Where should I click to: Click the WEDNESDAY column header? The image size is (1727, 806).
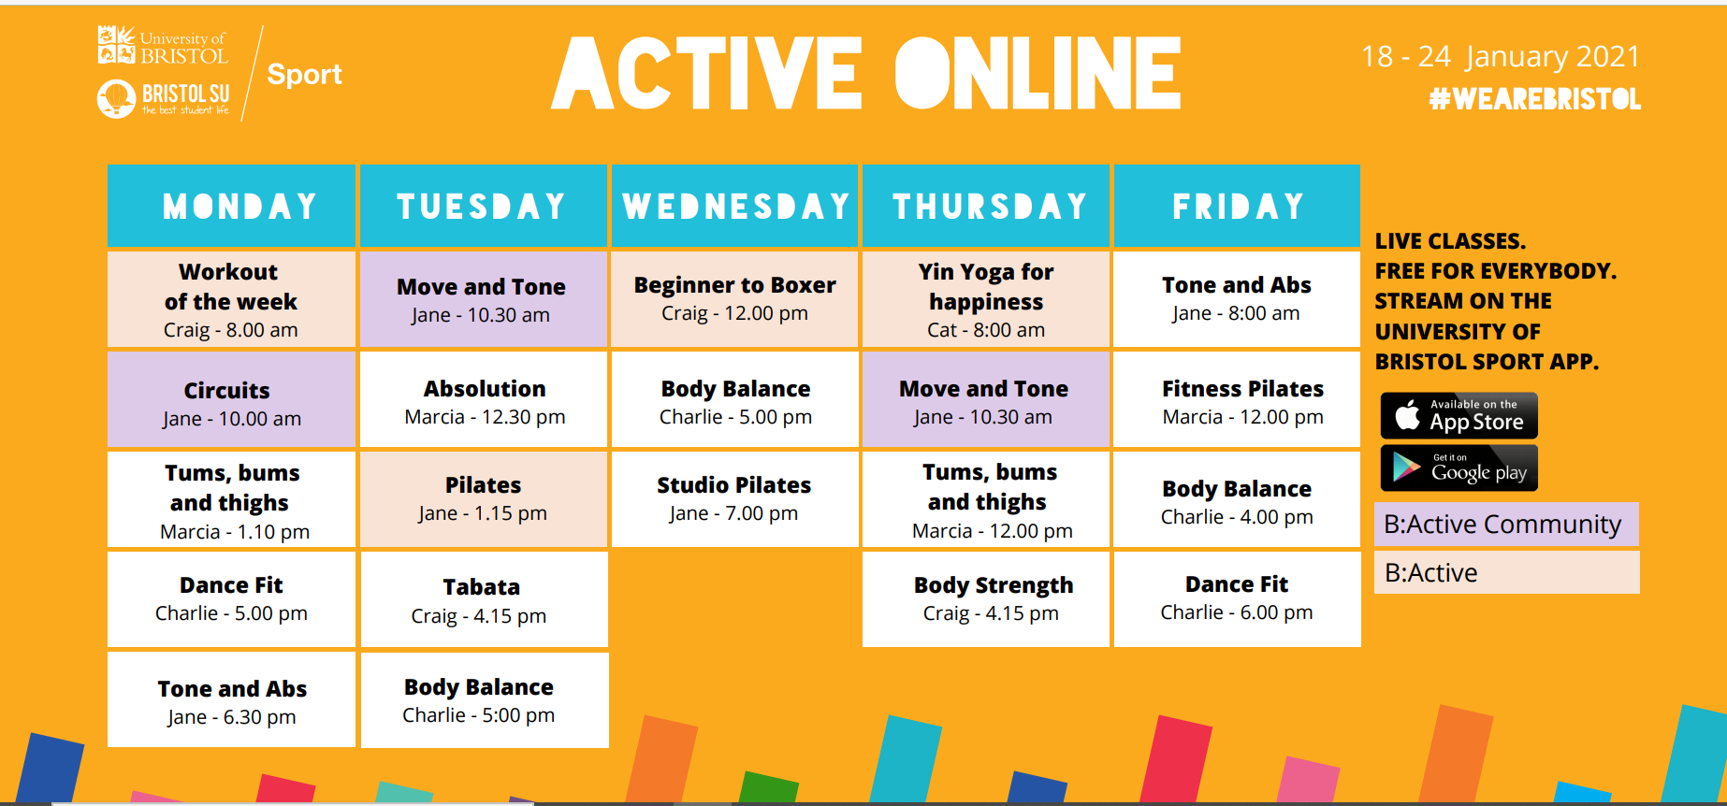(735, 206)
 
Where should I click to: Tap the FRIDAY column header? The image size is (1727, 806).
(1237, 206)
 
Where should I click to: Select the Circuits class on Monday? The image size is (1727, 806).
(231, 400)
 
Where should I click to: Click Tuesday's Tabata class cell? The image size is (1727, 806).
(484, 599)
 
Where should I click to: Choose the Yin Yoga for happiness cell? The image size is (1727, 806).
(986, 299)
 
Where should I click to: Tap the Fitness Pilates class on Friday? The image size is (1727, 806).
(1237, 400)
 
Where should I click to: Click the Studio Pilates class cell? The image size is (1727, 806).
(735, 499)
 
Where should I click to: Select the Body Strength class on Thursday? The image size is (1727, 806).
(986, 599)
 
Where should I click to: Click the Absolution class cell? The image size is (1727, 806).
(484, 400)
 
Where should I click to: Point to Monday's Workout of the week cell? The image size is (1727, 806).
(231, 299)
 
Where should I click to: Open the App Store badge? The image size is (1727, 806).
(1459, 415)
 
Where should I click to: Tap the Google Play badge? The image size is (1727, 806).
(1459, 468)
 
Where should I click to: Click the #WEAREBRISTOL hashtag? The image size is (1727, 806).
(1534, 99)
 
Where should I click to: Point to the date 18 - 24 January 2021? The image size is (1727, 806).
(1501, 57)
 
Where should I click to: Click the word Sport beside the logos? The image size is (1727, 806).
(304, 74)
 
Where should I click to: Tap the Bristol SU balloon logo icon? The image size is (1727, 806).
(116, 98)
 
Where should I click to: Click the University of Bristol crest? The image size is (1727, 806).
(116, 45)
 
